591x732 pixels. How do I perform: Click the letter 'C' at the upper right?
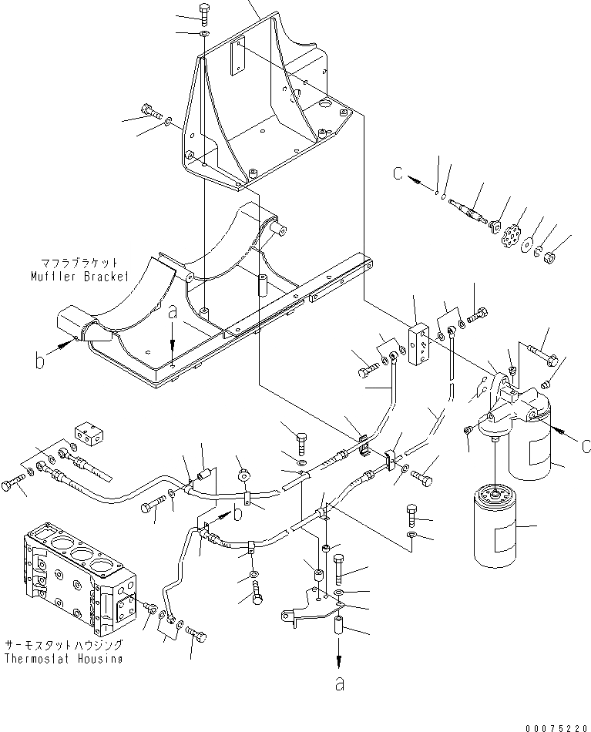tap(397, 175)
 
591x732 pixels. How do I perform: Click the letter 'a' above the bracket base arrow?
tap(173, 313)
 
